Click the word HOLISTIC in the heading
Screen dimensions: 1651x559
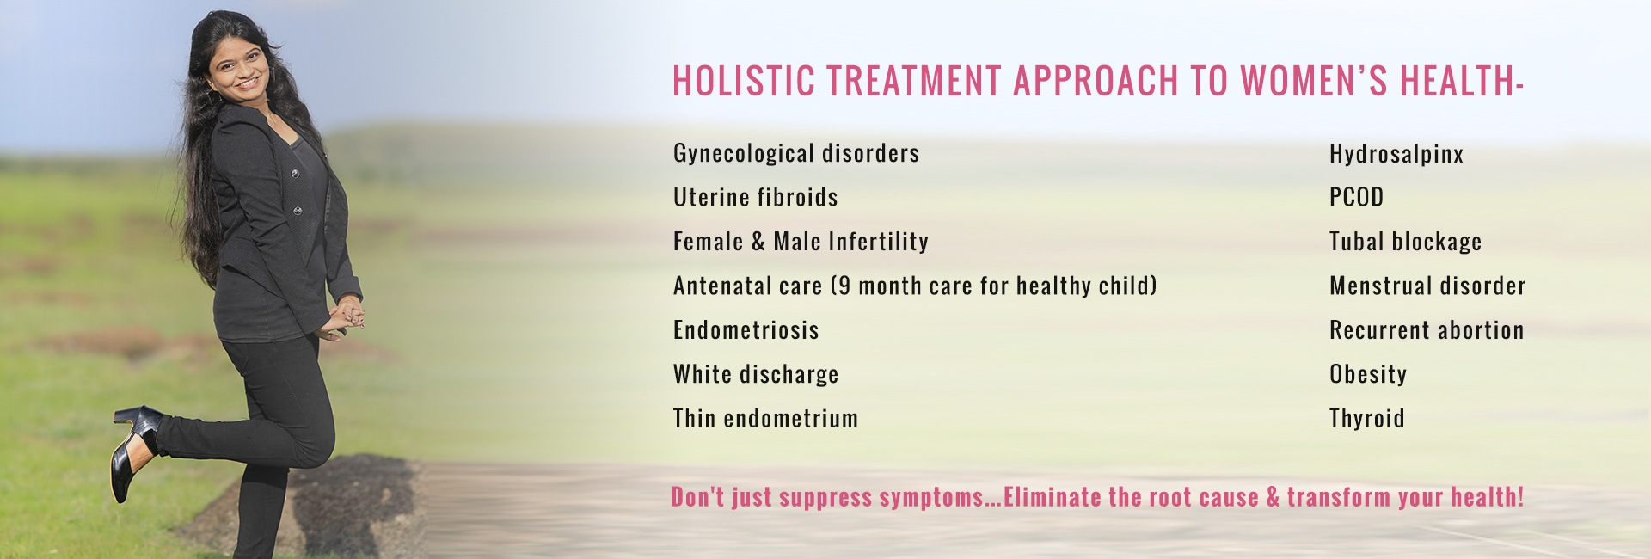[744, 81]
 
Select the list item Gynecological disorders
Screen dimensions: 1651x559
[796, 154]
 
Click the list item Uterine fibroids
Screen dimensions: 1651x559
[755, 197]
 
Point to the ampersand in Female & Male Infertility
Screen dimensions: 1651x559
[758, 242]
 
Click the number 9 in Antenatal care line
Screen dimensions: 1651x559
[844, 286]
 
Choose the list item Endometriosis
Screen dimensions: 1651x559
[746, 330]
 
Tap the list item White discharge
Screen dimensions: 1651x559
[756, 375]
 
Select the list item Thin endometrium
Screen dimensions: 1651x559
[765, 419]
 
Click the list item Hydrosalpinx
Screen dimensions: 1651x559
[1396, 155]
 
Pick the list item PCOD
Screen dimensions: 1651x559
[1356, 197]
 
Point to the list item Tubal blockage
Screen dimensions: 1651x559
[1405, 242]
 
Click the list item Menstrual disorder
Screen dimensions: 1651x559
[1427, 286]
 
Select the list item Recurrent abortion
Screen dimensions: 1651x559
[1427, 330]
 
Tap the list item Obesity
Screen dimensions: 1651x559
[1368, 375]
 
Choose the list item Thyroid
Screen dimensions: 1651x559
[1366, 419]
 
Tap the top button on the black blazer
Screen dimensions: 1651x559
[295, 174]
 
